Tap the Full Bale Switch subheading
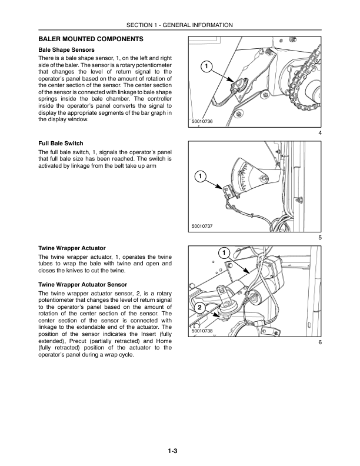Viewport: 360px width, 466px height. [x=61, y=144]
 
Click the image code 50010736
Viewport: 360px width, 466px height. [x=202, y=121]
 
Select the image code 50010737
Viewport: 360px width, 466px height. [x=202, y=226]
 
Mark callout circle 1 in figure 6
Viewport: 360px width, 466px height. [x=224, y=253]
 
